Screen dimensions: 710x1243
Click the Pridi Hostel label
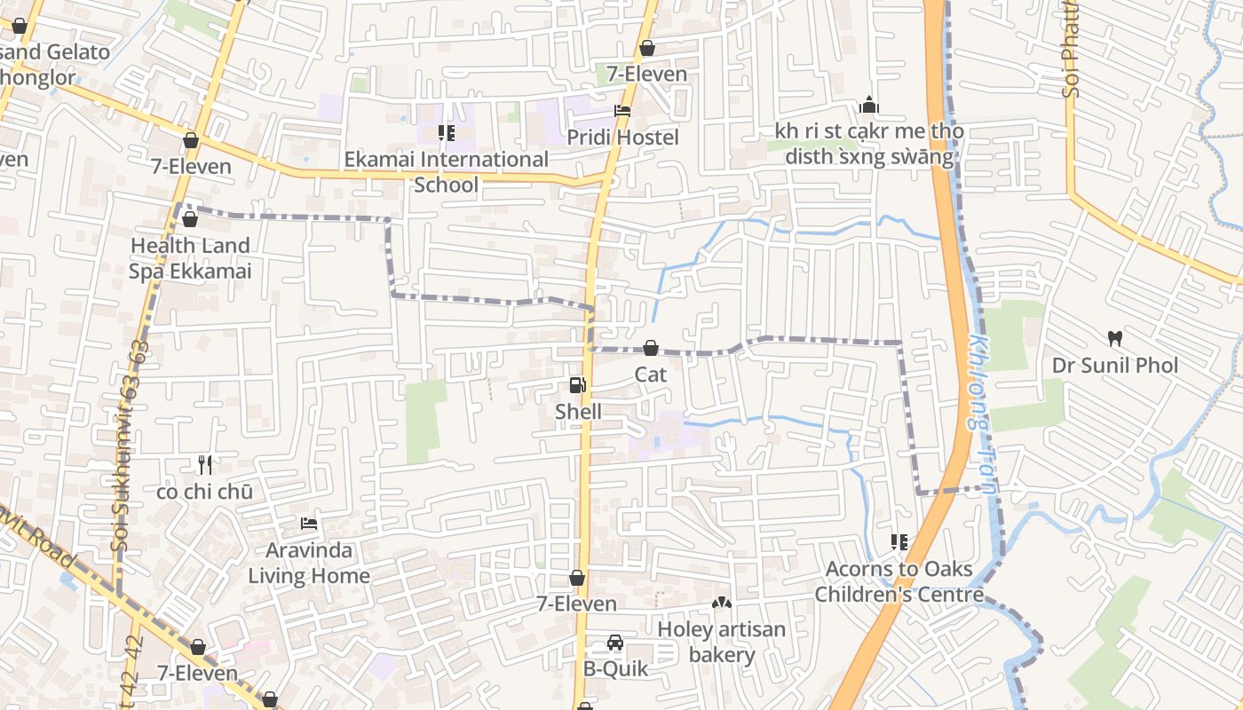pyautogui.click(x=622, y=138)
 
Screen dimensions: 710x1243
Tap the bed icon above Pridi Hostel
pyautogui.click(x=622, y=112)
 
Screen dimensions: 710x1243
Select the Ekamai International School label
pyautogui.click(x=447, y=172)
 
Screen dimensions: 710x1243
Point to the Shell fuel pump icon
pyautogui.click(x=577, y=385)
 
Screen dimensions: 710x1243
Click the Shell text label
pyautogui.click(x=578, y=412)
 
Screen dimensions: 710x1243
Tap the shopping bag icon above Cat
pyautogui.click(x=651, y=348)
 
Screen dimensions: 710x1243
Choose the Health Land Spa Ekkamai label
pyautogui.click(x=190, y=258)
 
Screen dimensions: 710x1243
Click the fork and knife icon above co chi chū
pyautogui.click(x=205, y=464)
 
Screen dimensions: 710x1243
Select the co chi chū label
pyautogui.click(x=204, y=492)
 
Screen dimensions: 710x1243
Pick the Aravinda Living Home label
pyautogui.click(x=309, y=563)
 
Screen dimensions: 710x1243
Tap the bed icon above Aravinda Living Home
pyautogui.click(x=309, y=524)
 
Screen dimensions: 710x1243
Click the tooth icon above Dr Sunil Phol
pyautogui.click(x=1115, y=338)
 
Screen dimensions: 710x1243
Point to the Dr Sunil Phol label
pyautogui.click(x=1115, y=366)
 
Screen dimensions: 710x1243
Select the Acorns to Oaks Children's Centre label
pyautogui.click(x=899, y=581)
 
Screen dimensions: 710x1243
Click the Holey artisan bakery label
pyautogui.click(x=721, y=643)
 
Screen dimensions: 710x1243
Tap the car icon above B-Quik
pyautogui.click(x=614, y=642)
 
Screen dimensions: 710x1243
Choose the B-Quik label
pyautogui.click(x=614, y=669)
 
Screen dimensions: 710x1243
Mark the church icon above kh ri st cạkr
pyautogui.click(x=869, y=106)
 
